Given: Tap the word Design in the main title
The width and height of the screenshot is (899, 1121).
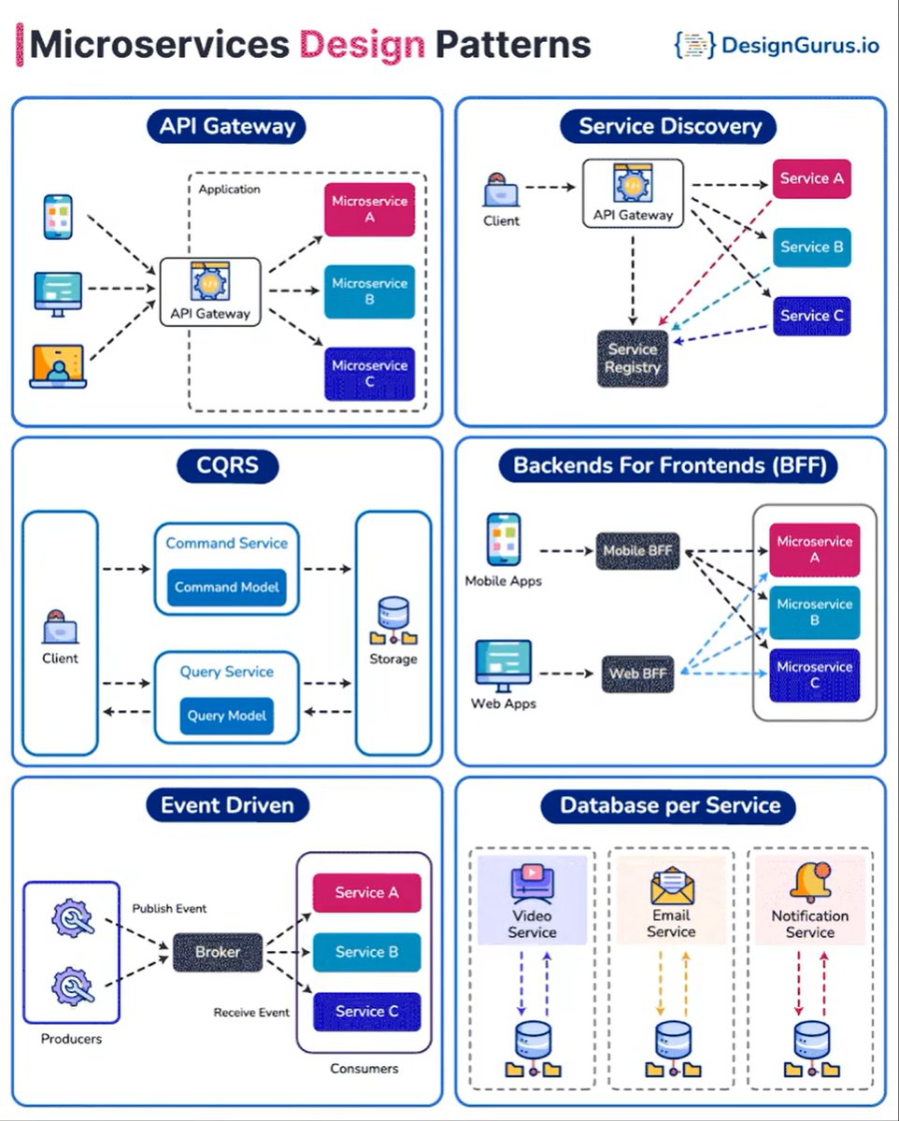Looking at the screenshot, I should coord(362,44).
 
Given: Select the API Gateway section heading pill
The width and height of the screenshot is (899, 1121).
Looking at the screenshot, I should coord(227,127).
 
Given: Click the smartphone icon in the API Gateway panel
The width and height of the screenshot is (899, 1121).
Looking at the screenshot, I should coord(58,217).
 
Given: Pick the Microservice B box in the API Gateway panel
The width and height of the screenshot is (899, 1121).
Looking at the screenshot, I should coord(369,291).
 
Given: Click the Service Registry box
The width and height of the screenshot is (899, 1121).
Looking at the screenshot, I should coord(633,359).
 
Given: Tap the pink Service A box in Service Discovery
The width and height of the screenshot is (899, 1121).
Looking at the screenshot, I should coord(811,178).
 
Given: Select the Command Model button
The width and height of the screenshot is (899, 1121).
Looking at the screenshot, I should coord(227,588).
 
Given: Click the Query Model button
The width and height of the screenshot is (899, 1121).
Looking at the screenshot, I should coord(227,716).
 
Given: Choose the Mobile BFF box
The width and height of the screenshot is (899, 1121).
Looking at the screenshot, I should coord(637,550).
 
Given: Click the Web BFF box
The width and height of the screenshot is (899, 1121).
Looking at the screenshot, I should coord(637,674).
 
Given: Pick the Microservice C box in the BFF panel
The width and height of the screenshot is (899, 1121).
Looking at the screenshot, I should coord(814,675).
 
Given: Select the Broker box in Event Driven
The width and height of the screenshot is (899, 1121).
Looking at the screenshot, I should coord(218,952).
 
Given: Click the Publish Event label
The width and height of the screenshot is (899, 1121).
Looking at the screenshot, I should coord(169,908).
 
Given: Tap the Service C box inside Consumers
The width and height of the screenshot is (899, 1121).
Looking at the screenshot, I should coord(366,1011).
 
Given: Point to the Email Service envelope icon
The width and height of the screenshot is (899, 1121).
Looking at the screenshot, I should coord(672,886).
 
